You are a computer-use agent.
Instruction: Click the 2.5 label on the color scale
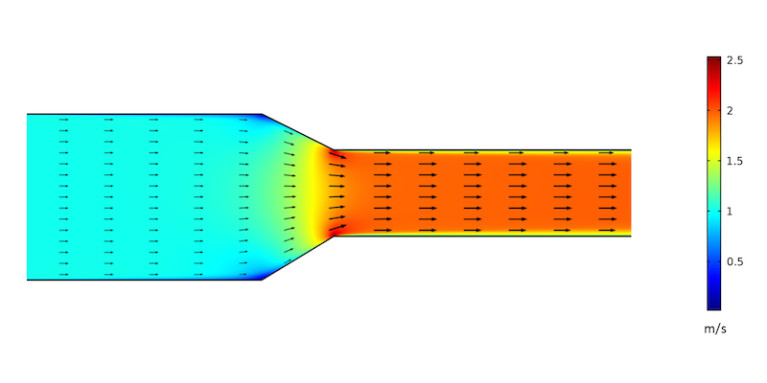pyautogui.click(x=736, y=60)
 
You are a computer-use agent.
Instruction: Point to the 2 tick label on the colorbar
pyautogui.click(x=731, y=110)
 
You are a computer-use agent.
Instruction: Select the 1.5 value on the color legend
pyautogui.click(x=736, y=161)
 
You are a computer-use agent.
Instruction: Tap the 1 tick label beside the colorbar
pyautogui.click(x=731, y=211)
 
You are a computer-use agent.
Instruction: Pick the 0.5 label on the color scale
pyautogui.click(x=736, y=261)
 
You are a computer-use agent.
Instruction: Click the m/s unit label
pyautogui.click(x=715, y=330)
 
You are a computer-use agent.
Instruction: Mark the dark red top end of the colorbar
pyautogui.click(x=713, y=59)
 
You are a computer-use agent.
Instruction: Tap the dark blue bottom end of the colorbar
pyautogui.click(x=713, y=307)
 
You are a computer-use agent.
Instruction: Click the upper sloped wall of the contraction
pyautogui.click(x=297, y=132)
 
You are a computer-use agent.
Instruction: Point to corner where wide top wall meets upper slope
pyautogui.click(x=262, y=114)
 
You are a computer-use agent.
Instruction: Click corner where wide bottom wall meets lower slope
pyautogui.click(x=262, y=280)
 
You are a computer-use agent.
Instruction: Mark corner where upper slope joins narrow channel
pyautogui.click(x=333, y=150)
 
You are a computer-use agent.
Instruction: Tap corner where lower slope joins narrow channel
pyautogui.click(x=333, y=236)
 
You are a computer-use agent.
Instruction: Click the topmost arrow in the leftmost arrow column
pyautogui.click(x=63, y=120)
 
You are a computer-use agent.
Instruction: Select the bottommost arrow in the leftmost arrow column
pyautogui.click(x=63, y=274)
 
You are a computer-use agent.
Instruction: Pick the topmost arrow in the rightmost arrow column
pyautogui.click(x=607, y=152)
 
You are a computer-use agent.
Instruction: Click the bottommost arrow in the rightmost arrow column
pyautogui.click(x=607, y=231)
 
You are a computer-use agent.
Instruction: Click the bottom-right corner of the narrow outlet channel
pyautogui.click(x=630, y=236)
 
